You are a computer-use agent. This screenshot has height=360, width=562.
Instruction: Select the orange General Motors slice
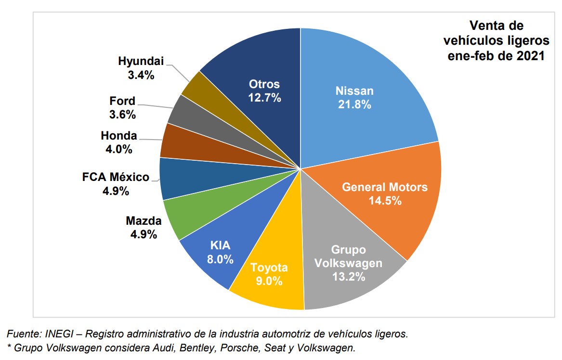[385, 212]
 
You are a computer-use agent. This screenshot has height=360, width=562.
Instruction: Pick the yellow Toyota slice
[270, 289]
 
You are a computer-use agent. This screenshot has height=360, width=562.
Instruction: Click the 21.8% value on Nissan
[353, 104]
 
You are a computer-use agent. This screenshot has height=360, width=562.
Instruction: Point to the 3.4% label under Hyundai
[141, 75]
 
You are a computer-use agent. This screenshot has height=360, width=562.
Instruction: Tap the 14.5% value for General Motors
[385, 201]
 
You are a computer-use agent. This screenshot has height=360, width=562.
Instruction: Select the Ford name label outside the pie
[122, 102]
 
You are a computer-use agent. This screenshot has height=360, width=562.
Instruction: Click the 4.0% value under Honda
[119, 149]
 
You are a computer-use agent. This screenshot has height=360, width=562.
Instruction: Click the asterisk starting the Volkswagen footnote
[8, 347]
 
